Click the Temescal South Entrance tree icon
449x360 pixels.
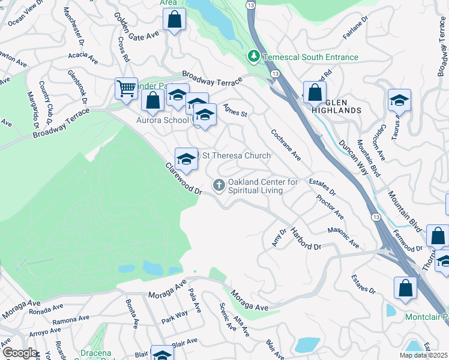point(254,57)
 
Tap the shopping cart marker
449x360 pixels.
point(126,89)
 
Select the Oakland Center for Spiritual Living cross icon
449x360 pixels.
point(219,185)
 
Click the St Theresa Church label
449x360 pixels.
point(236,156)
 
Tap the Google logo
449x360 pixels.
point(20,353)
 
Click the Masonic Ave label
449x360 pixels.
point(343,238)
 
